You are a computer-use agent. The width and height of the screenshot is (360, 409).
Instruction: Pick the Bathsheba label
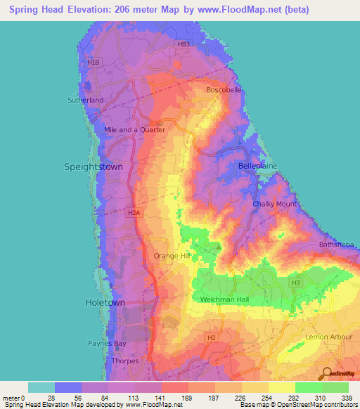coord(337,245)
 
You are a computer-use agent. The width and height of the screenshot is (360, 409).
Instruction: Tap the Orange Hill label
coord(173,257)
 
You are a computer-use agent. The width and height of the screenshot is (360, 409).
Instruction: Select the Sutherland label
coord(86,100)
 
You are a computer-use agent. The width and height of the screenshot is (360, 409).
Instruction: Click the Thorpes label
coord(126,361)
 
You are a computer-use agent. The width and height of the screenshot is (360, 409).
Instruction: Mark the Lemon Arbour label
coord(329,337)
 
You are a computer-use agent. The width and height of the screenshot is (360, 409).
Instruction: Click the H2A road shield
coord(135,212)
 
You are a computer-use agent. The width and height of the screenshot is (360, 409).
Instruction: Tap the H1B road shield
coord(94,63)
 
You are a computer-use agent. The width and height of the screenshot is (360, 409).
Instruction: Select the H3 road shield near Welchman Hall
coord(296,283)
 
